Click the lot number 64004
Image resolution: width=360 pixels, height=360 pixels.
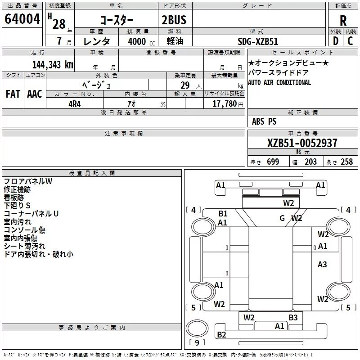pyautogui.click(x=22, y=19)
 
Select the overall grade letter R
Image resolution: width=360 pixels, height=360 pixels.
pyautogui.click(x=343, y=21)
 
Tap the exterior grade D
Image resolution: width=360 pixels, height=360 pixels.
pyautogui.click(x=336, y=41)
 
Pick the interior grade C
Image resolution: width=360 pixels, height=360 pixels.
pyautogui.click(x=350, y=41)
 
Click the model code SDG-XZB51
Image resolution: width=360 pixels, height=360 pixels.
pyautogui.click(x=258, y=41)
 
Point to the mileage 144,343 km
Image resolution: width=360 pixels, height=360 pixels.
pyautogui.click(x=53, y=65)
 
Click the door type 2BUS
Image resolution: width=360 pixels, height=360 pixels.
pyautogui.click(x=174, y=20)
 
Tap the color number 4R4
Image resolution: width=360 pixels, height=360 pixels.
pyautogui.click(x=75, y=104)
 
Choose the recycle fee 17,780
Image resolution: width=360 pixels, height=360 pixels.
pyautogui.click(x=224, y=104)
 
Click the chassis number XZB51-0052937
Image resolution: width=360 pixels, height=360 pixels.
pyautogui.click(x=302, y=143)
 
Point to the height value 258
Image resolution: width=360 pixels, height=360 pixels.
pyautogui.click(x=346, y=162)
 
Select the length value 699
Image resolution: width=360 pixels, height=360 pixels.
pyautogui.click(x=273, y=162)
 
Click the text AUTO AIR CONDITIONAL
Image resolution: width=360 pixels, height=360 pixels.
pyautogui.click(x=279, y=82)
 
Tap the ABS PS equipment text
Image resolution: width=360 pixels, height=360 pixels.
pyautogui.click(x=264, y=121)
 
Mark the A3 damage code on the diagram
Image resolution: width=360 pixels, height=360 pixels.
pyautogui.click(x=322, y=265)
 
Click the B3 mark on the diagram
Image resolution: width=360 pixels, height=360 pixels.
pyautogui.click(x=293, y=318)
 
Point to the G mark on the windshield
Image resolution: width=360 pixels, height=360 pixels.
pyautogui.click(x=282, y=218)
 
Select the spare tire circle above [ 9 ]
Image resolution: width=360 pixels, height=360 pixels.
pyautogui.click(x=197, y=328)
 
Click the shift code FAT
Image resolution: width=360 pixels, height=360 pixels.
pyautogui.click(x=13, y=94)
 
